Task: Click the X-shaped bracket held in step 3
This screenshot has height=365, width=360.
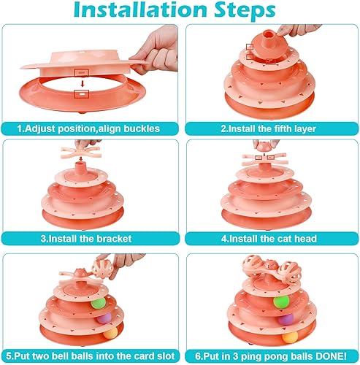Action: click(x=85, y=156)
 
